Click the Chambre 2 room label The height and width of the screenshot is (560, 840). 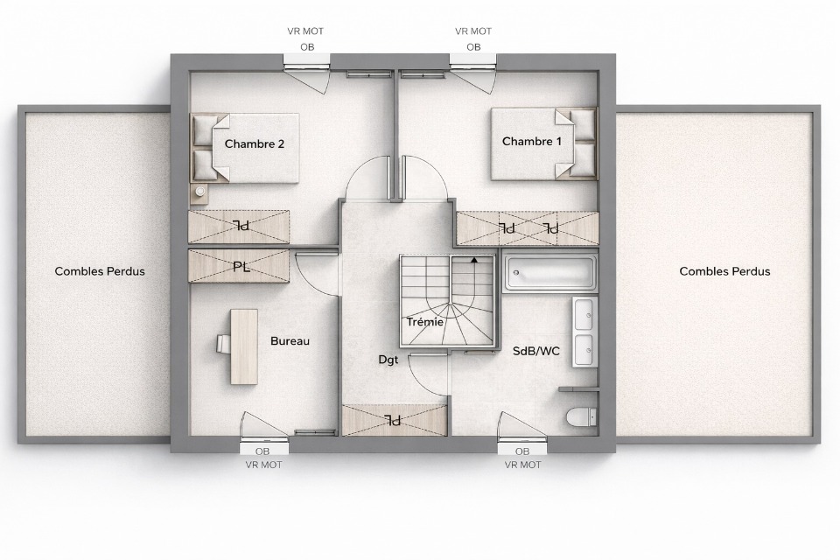coord(255,143)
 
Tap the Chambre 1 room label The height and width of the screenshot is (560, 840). coord(532,142)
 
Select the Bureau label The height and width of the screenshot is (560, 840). coord(290,341)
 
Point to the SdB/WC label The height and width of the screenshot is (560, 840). coord(536,351)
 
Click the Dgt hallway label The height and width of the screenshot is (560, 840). coord(388,360)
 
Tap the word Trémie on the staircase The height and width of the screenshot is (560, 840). coord(425,321)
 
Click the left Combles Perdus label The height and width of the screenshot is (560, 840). coord(100,271)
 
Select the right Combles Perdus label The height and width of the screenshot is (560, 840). coord(724,271)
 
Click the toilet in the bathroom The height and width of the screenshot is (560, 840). coord(581,416)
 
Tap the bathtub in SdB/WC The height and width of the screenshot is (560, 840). coord(549,273)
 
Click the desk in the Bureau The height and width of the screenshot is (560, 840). coord(244,346)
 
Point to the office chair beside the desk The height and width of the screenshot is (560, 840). coord(224,344)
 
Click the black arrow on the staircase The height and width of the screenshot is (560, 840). coord(473,261)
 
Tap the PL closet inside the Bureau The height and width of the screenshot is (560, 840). coord(239,266)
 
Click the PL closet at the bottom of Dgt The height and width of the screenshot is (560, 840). coord(395,420)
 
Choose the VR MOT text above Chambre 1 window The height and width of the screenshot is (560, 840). coord(473,31)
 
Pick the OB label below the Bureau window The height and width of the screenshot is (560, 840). coord(262,451)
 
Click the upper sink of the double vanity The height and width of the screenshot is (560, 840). coord(584,314)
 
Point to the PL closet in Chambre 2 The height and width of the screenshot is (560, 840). coord(239,227)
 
